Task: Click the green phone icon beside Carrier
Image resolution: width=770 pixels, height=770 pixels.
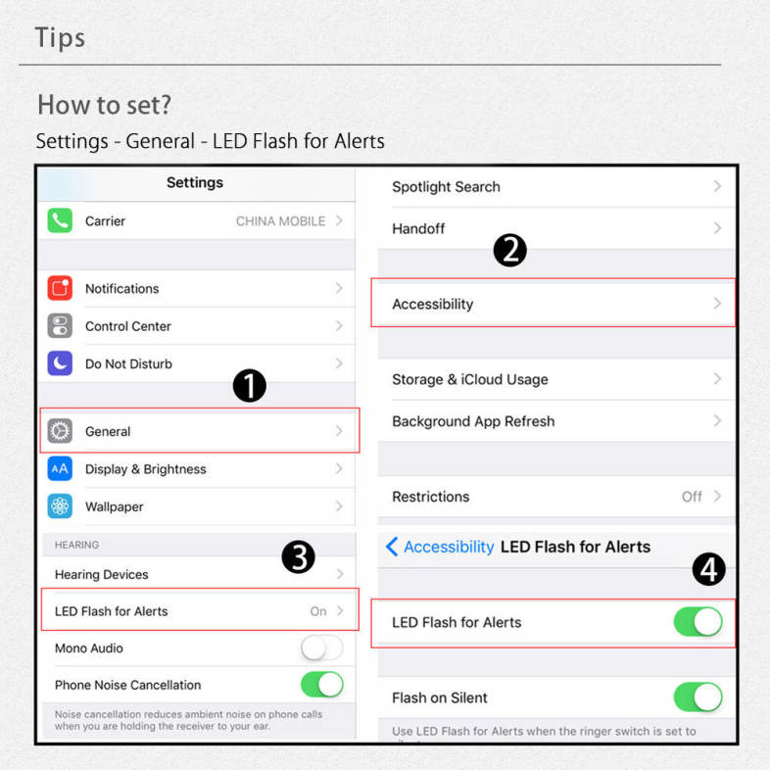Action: (x=60, y=220)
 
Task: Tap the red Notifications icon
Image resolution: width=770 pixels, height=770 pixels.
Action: (x=60, y=288)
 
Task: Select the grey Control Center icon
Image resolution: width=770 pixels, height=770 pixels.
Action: (x=60, y=326)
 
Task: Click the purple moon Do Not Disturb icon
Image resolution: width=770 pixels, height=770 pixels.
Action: (x=60, y=363)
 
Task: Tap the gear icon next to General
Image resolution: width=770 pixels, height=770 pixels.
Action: (x=60, y=431)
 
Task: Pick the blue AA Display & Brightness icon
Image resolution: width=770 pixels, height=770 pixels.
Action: (x=60, y=469)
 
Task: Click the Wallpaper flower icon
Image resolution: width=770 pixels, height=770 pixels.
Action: (x=60, y=506)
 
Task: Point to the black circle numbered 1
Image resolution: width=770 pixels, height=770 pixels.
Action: (x=250, y=386)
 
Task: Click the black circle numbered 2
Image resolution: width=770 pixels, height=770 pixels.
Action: (x=509, y=250)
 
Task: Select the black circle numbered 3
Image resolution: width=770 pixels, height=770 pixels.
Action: (x=298, y=556)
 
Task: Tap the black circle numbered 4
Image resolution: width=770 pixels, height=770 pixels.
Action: (x=708, y=569)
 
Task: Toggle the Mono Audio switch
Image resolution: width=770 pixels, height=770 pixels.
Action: (x=322, y=648)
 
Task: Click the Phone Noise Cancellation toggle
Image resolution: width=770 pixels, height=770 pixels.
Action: (x=322, y=685)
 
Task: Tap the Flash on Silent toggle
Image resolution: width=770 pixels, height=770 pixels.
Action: (x=698, y=698)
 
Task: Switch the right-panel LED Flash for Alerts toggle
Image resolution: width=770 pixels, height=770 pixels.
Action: (x=698, y=622)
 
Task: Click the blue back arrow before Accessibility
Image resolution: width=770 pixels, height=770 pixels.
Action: (x=392, y=547)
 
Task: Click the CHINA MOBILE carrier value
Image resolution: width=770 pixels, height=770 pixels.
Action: (x=280, y=221)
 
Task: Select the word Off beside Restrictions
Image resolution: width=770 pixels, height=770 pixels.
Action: (x=692, y=497)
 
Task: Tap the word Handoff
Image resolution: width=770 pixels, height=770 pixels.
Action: (x=418, y=229)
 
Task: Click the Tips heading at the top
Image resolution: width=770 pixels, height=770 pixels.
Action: (x=60, y=38)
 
